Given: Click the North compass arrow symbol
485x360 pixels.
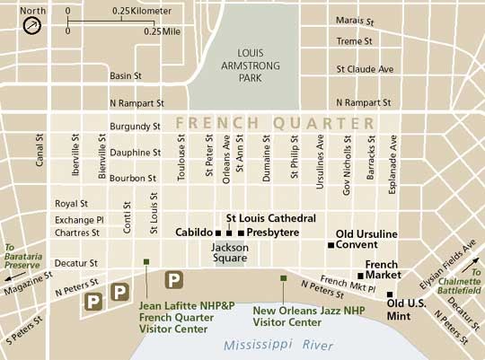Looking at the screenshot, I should pyautogui.click(x=32, y=24).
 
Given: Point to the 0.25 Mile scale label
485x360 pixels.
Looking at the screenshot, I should pyautogui.click(x=163, y=31).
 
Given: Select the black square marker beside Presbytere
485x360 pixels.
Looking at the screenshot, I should pyautogui.click(x=241, y=232).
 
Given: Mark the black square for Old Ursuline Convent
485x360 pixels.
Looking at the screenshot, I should pyautogui.click(x=331, y=245).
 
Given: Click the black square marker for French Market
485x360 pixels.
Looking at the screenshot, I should pyautogui.click(x=360, y=276).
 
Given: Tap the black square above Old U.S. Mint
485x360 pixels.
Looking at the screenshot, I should pyautogui.click(x=391, y=293).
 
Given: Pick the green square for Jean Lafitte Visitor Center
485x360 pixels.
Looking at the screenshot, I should pyautogui.click(x=146, y=262).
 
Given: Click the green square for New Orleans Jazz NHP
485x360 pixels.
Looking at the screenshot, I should pyautogui.click(x=283, y=278).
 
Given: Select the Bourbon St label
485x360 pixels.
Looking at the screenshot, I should pyautogui.click(x=133, y=179).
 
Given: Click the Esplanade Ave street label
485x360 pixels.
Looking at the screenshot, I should pyautogui.click(x=392, y=154).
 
